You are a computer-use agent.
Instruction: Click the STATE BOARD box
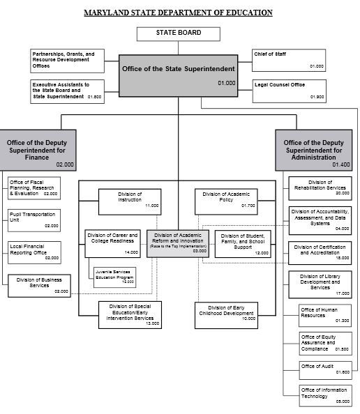tap(178, 33)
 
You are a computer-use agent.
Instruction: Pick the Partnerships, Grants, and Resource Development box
tap(67, 60)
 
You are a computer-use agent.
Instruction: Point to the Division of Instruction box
tap(130, 200)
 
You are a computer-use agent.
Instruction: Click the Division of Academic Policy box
tap(226, 200)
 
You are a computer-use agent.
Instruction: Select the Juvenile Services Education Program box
tap(115, 276)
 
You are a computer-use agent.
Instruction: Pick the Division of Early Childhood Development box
tap(226, 315)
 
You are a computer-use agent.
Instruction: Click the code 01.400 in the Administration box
tap(340, 165)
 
